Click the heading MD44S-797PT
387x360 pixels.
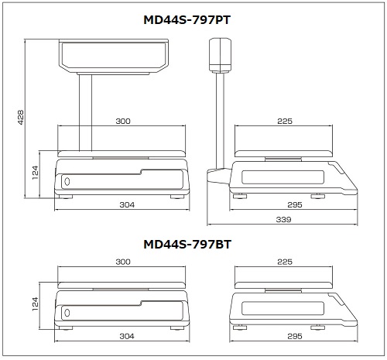click(x=187, y=20)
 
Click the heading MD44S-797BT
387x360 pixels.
click(x=187, y=245)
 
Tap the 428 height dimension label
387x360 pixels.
click(x=20, y=118)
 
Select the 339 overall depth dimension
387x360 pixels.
click(x=283, y=220)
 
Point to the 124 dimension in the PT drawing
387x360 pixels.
click(x=35, y=173)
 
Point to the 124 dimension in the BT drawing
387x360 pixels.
click(x=35, y=304)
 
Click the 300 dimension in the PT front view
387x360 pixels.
click(x=123, y=121)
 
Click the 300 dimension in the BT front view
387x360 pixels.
click(x=123, y=262)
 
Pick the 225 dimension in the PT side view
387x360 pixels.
click(x=285, y=121)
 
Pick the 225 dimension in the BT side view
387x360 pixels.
click(x=285, y=262)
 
